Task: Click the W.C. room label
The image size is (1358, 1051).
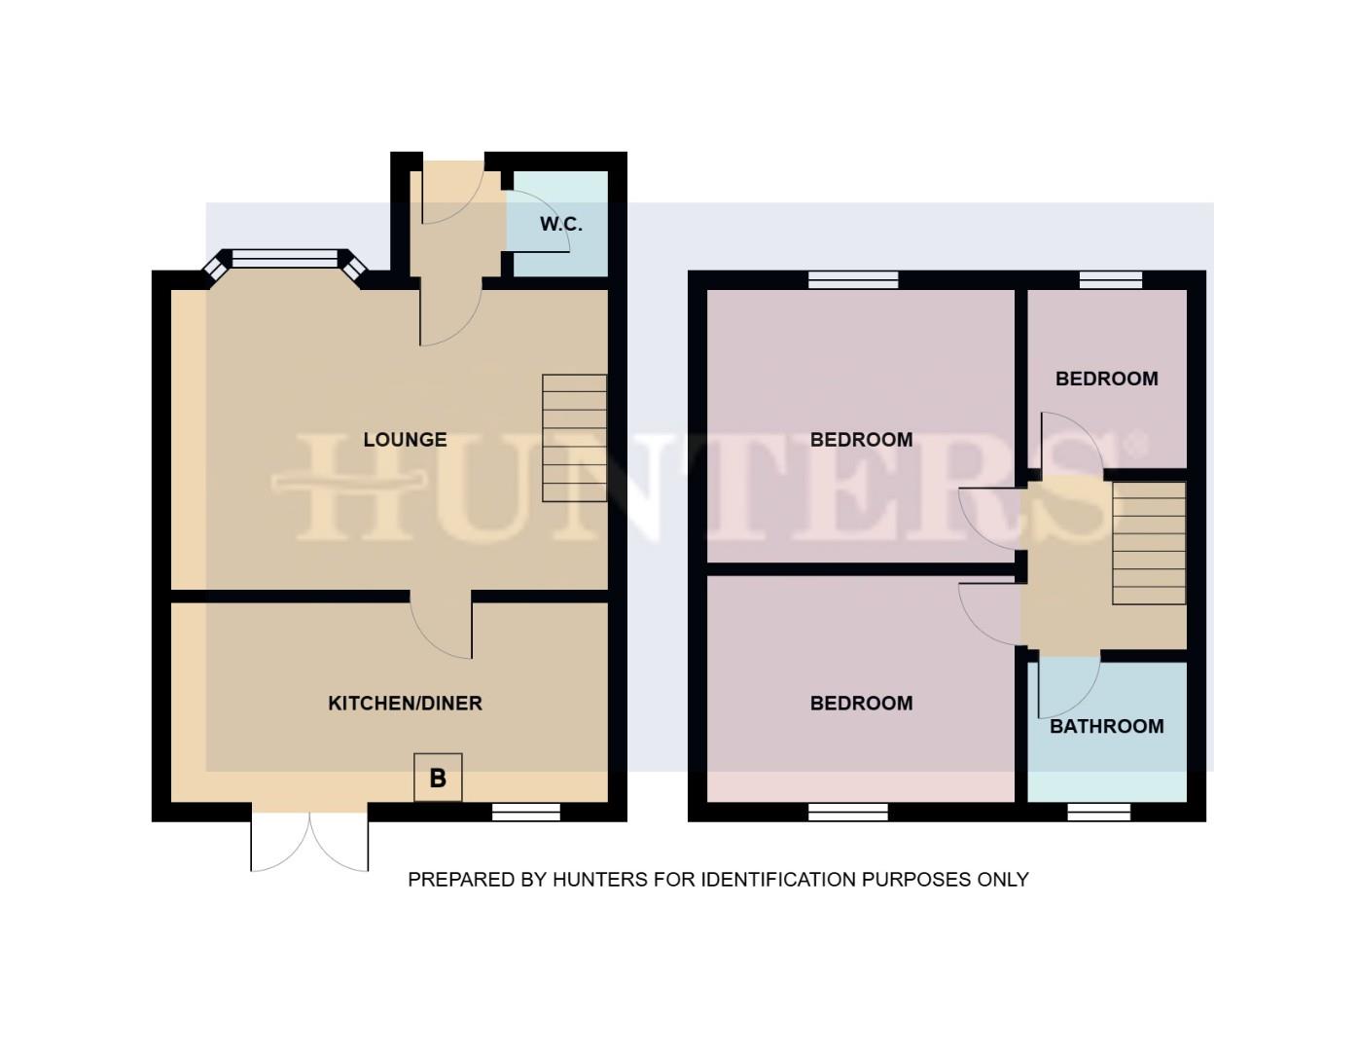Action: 560,224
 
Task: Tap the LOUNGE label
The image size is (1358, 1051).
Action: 405,440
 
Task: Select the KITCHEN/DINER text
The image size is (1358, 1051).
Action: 405,703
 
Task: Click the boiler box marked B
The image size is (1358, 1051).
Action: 438,778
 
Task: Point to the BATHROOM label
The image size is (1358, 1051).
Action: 1106,726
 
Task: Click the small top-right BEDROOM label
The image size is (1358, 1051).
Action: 1106,379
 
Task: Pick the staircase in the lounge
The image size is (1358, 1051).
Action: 574,438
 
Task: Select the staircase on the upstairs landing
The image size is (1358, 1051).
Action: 1149,543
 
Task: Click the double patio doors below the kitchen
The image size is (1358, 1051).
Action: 310,839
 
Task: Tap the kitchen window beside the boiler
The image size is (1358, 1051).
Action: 526,813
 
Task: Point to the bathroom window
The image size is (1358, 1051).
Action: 1099,813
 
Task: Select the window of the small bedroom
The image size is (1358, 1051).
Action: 1111,280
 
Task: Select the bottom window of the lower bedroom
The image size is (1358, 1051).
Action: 848,813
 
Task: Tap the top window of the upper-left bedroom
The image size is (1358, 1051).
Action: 853,280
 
